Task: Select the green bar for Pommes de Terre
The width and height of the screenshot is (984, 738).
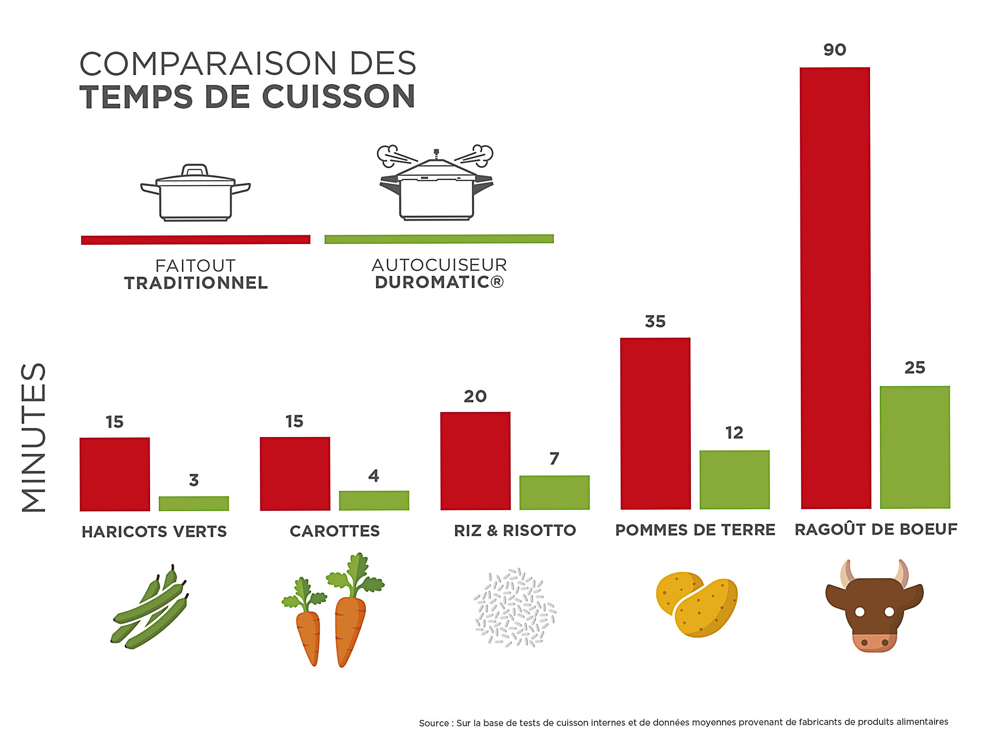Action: pyautogui.click(x=734, y=480)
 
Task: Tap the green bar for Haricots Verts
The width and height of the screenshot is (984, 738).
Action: pyautogui.click(x=194, y=503)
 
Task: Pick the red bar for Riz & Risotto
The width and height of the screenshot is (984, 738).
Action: pyautogui.click(x=475, y=460)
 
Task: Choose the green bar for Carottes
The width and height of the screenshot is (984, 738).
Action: pyautogui.click(x=374, y=500)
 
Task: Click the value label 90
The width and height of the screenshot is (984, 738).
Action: pyautogui.click(x=834, y=49)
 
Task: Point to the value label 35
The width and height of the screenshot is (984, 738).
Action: pyautogui.click(x=655, y=321)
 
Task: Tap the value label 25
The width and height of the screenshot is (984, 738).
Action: pyautogui.click(x=915, y=367)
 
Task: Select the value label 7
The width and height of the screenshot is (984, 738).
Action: pyautogui.click(x=554, y=458)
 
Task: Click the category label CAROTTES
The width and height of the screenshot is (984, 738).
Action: pyautogui.click(x=335, y=531)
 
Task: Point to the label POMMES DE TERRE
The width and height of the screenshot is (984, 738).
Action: pyautogui.click(x=695, y=530)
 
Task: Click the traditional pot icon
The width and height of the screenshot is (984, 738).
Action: pyautogui.click(x=195, y=193)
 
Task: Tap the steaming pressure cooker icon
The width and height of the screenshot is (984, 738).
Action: pyautogui.click(x=436, y=183)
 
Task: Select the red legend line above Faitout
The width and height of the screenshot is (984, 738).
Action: pyautogui.click(x=195, y=240)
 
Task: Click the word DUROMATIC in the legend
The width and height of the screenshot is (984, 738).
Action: pyautogui.click(x=433, y=282)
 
